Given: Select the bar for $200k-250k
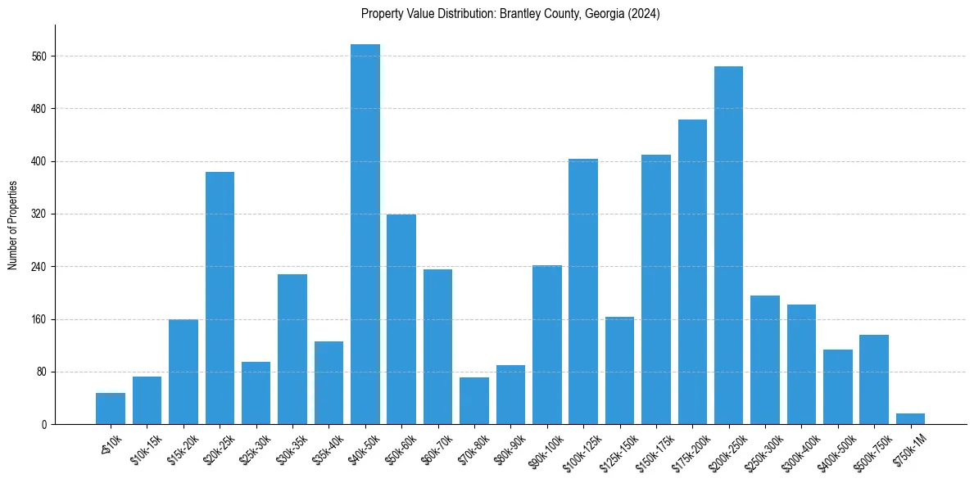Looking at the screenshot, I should [x=728, y=246].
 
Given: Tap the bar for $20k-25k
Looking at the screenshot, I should [x=220, y=298].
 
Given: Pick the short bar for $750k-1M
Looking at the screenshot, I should [x=910, y=419].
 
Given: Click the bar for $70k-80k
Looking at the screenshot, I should [x=474, y=401].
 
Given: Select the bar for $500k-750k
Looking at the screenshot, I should [x=874, y=380].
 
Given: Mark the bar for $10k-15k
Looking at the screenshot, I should [x=147, y=400].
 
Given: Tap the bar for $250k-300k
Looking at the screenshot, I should [x=765, y=360].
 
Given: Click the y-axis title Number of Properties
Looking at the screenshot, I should [x=12, y=225].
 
